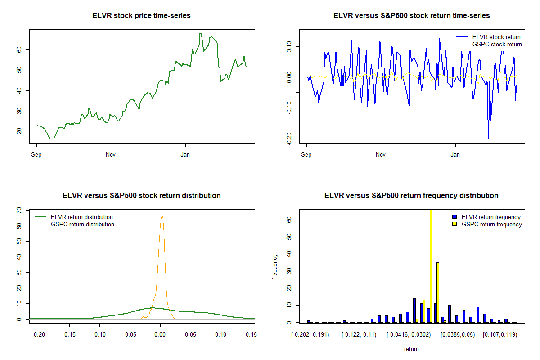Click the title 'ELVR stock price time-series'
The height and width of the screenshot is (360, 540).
coord(142,16)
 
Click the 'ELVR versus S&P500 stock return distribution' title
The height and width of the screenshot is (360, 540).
coord(142,196)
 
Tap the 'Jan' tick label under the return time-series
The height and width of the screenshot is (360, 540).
coord(455,155)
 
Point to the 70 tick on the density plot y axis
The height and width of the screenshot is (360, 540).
coord(19,210)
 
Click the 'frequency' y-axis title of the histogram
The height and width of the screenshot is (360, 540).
coord(275,266)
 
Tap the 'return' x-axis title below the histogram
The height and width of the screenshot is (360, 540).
coord(411,349)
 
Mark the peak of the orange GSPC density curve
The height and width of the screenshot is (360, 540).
coord(162,216)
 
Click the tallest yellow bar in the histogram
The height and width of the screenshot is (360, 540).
coord(431,265)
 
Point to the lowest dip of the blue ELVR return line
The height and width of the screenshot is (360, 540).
coord(488,139)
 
